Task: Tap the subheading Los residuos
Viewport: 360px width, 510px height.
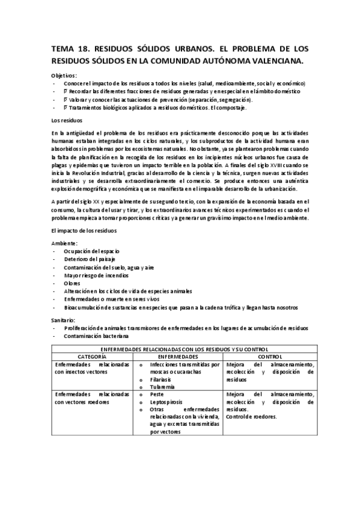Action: [x=66, y=120]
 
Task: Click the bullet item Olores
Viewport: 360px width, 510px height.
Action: [x=73, y=283]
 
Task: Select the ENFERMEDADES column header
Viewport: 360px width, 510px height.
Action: [x=179, y=357]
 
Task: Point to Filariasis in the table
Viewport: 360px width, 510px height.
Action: [x=162, y=380]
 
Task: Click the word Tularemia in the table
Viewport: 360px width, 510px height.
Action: [x=163, y=387]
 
